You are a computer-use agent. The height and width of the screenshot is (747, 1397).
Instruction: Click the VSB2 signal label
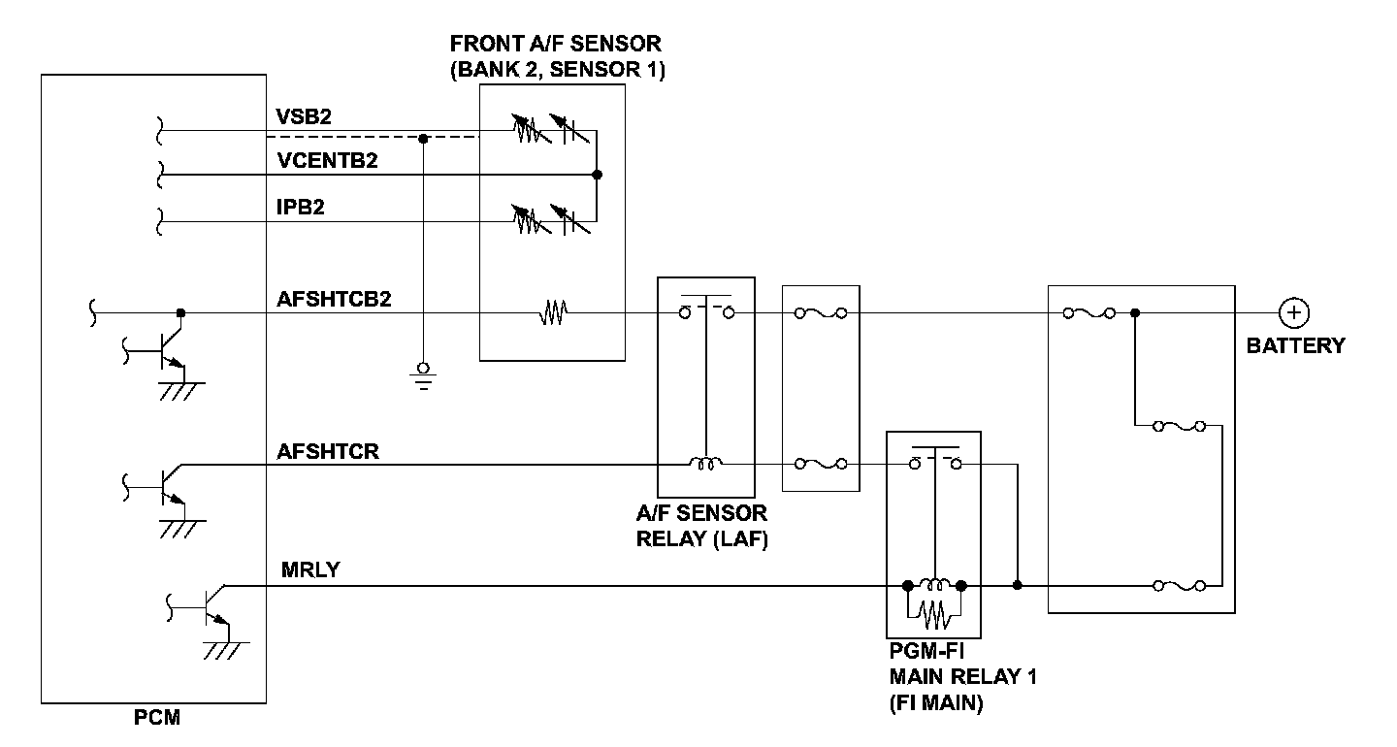[303, 116]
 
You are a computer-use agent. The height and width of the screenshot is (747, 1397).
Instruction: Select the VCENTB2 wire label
[328, 161]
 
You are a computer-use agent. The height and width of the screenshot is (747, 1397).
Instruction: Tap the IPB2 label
[300, 207]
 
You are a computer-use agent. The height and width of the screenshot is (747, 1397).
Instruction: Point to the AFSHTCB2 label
[334, 300]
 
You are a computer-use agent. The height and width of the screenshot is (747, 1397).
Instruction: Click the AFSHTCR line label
[328, 451]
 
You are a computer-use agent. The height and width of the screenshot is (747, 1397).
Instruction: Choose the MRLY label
[310, 569]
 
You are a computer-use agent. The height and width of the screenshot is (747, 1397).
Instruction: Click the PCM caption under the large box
[157, 718]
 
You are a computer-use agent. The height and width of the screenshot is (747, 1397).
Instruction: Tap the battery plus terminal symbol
[1294, 313]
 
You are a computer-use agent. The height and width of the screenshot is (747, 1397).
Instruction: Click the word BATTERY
[1296, 346]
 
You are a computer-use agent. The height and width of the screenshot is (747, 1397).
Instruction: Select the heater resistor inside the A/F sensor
[553, 313]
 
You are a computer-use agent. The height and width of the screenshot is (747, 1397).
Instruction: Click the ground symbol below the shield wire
[423, 376]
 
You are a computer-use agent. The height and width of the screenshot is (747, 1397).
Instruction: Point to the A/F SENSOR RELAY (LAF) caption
[701, 526]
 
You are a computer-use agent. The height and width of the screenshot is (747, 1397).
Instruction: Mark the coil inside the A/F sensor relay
[705, 464]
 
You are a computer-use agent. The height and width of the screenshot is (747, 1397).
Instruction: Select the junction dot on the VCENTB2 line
[597, 175]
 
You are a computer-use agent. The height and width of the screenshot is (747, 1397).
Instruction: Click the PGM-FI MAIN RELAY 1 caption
[963, 676]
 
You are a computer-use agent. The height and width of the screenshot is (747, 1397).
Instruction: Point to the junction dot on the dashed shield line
[423, 139]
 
